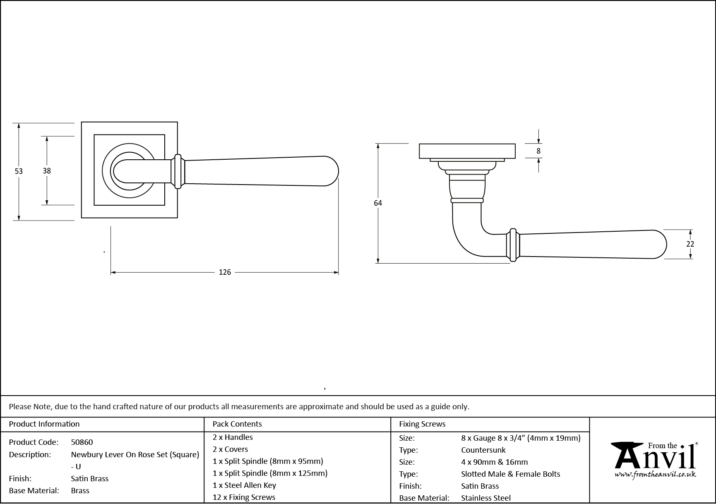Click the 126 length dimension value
(225, 272)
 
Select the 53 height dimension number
(19, 171)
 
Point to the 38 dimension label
(47, 170)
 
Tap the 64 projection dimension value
(377, 203)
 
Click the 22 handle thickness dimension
(690, 244)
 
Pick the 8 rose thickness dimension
(538, 151)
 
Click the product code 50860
(82, 442)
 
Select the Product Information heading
(44, 424)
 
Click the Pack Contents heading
(237, 424)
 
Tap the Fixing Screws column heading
(422, 424)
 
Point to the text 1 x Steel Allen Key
(244, 485)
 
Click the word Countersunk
(483, 450)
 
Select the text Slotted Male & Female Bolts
(510, 474)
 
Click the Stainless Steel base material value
(486, 498)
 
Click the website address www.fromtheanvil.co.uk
(655, 475)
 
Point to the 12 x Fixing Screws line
(244, 497)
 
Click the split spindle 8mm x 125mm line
(270, 473)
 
